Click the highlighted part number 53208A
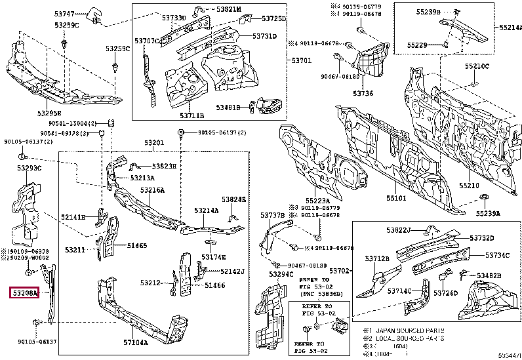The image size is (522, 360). click(24, 293)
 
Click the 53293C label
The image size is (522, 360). click(30, 169)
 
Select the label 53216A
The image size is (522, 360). click(151, 190)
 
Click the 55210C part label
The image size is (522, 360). click(477, 66)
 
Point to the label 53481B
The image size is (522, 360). click(232, 106)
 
